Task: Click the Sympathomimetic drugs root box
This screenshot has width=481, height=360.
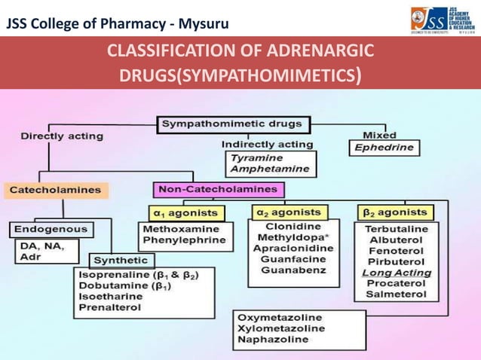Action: [x=231, y=124]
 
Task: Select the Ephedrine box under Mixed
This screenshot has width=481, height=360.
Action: [x=384, y=148]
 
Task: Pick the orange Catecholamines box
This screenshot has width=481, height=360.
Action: [x=57, y=190]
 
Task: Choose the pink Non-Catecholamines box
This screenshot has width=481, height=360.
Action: [x=218, y=189]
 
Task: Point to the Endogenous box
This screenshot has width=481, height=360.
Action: [x=50, y=228]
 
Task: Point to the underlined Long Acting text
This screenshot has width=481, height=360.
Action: [x=397, y=273]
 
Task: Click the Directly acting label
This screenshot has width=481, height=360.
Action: [x=62, y=136]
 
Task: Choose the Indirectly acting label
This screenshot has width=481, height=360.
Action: [x=267, y=144]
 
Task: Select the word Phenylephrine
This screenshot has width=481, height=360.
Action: [x=183, y=240]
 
